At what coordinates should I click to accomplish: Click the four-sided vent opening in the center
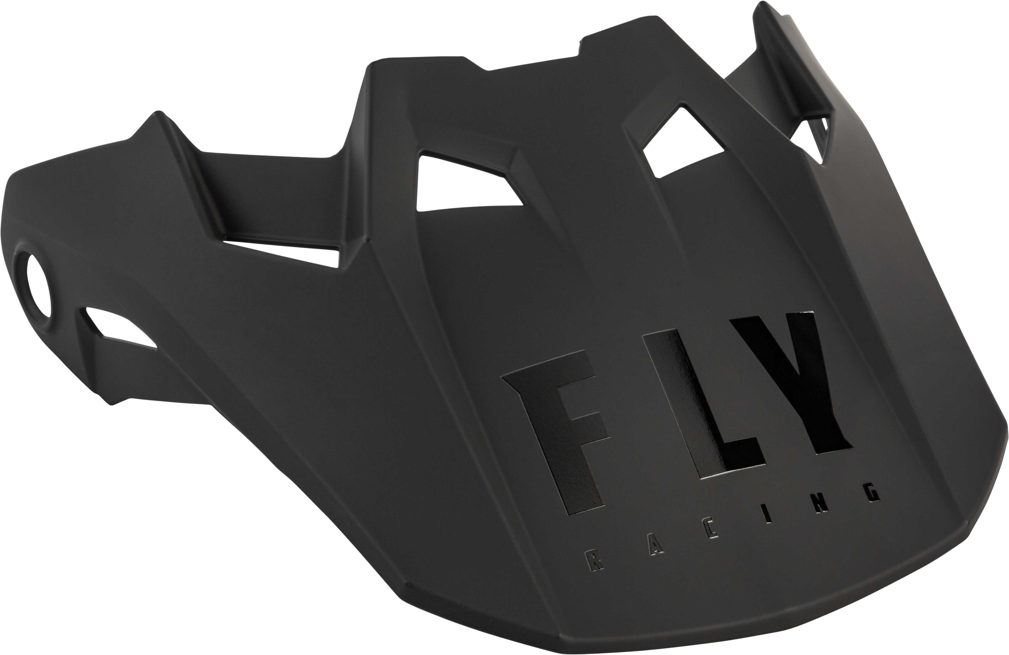(462, 186)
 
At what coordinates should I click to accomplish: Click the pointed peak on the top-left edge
(159, 117)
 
